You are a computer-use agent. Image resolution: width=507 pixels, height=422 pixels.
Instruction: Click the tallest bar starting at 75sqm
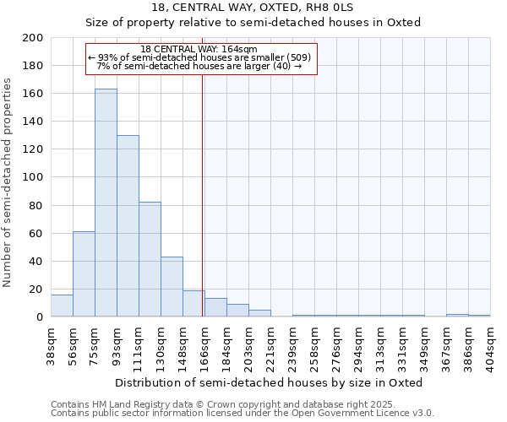(x=106, y=203)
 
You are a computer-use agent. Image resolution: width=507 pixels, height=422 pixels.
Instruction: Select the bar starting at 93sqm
(x=128, y=226)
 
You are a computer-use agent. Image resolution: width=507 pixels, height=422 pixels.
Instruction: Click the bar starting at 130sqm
(x=172, y=287)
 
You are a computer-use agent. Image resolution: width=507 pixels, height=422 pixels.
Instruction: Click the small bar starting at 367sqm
(x=457, y=315)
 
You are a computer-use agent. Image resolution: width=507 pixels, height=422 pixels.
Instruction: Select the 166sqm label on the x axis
(x=204, y=344)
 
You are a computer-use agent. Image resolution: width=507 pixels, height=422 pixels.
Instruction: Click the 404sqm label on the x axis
(x=490, y=344)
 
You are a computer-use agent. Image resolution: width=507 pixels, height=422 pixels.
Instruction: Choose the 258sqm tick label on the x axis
(x=314, y=344)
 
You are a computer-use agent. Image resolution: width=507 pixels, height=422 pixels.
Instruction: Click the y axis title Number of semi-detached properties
(x=8, y=181)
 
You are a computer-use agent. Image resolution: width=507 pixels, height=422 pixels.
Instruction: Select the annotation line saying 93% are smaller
(x=200, y=57)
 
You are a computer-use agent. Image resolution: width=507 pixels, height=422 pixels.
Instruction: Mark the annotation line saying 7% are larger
(x=200, y=66)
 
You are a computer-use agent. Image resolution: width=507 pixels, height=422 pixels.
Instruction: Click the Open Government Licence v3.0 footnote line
(x=243, y=414)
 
